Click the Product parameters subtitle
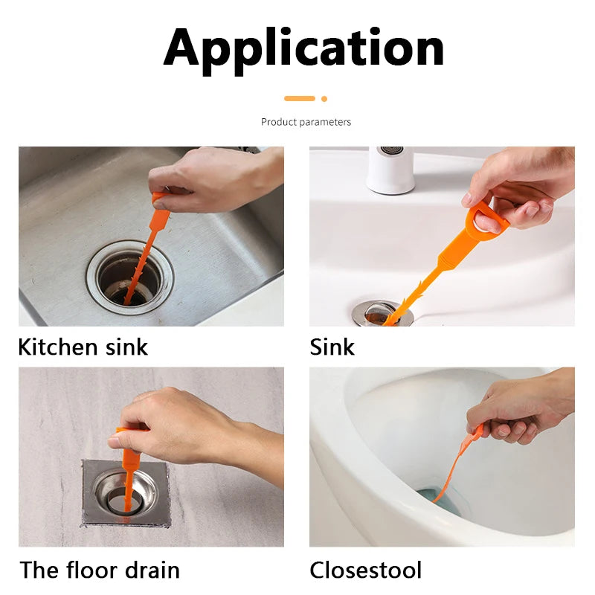(x=306, y=122)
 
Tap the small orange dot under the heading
(x=324, y=98)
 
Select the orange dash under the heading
(x=300, y=98)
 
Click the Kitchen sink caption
(x=83, y=347)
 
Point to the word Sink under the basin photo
(x=332, y=347)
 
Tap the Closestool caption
(x=365, y=570)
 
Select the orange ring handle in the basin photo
(x=486, y=222)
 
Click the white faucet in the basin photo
(x=390, y=170)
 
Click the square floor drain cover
(x=125, y=492)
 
